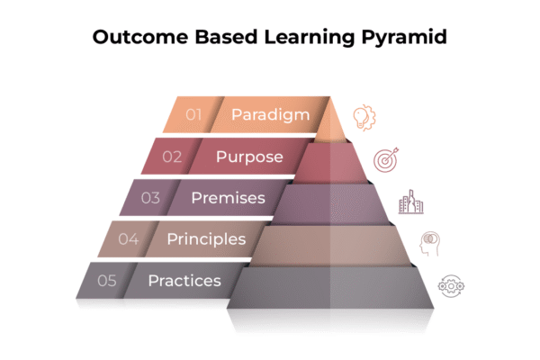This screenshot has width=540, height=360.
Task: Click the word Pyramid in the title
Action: [404, 38]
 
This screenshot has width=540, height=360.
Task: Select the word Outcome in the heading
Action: [140, 37]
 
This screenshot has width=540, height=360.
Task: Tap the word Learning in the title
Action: [310, 38]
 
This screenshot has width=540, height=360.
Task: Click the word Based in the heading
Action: [226, 37]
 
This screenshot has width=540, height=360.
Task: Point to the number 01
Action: [193, 114]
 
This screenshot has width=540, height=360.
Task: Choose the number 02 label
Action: [172, 157]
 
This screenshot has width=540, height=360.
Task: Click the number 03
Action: [150, 198]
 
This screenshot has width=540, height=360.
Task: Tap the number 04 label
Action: [129, 239]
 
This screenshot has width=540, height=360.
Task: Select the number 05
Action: [107, 281]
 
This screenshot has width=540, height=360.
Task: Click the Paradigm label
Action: [270, 115]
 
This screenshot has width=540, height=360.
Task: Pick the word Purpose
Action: [249, 157]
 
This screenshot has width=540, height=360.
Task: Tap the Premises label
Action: [229, 198]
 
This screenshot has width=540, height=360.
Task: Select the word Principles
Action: [206, 239]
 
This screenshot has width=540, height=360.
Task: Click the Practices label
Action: [184, 281]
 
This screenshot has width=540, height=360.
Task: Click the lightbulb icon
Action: [364, 118]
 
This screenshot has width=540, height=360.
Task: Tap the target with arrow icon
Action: [386, 160]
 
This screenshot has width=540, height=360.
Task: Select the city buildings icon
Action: [411, 202]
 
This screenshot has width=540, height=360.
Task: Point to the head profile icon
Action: [430, 244]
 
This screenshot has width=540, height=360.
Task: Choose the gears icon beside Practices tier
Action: [451, 286]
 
